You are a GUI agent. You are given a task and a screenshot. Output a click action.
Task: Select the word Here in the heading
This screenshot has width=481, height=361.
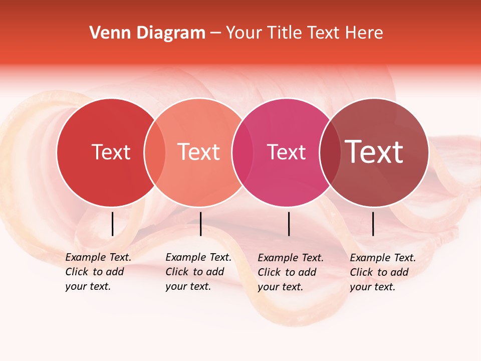click(x=364, y=33)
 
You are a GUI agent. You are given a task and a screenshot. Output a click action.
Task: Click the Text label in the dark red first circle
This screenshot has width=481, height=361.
click(x=111, y=152)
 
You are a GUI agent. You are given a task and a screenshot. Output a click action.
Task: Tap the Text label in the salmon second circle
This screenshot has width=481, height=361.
click(x=199, y=152)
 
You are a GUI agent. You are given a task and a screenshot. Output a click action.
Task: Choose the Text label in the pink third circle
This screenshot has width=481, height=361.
click(x=287, y=152)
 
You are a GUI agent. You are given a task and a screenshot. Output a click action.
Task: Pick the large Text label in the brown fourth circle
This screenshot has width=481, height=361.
click(x=374, y=152)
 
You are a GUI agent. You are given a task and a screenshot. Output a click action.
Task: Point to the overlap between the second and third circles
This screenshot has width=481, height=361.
click(x=243, y=152)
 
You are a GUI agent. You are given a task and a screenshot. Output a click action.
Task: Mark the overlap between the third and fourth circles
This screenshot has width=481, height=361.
click(x=330, y=152)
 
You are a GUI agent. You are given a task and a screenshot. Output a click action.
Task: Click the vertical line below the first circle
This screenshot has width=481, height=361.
click(x=112, y=224)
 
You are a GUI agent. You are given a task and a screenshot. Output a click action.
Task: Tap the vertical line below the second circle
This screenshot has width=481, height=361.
click(x=200, y=224)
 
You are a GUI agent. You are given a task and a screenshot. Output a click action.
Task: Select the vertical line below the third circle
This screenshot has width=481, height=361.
click(x=289, y=224)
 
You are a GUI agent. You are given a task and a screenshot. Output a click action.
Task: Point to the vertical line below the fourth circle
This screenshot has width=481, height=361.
click(x=373, y=224)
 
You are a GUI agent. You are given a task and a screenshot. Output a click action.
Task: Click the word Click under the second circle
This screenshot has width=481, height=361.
click(x=177, y=272)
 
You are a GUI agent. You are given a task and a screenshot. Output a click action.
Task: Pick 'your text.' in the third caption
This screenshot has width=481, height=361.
click(x=281, y=287)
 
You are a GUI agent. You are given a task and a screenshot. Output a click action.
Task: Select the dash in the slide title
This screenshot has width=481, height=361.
click(x=215, y=33)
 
